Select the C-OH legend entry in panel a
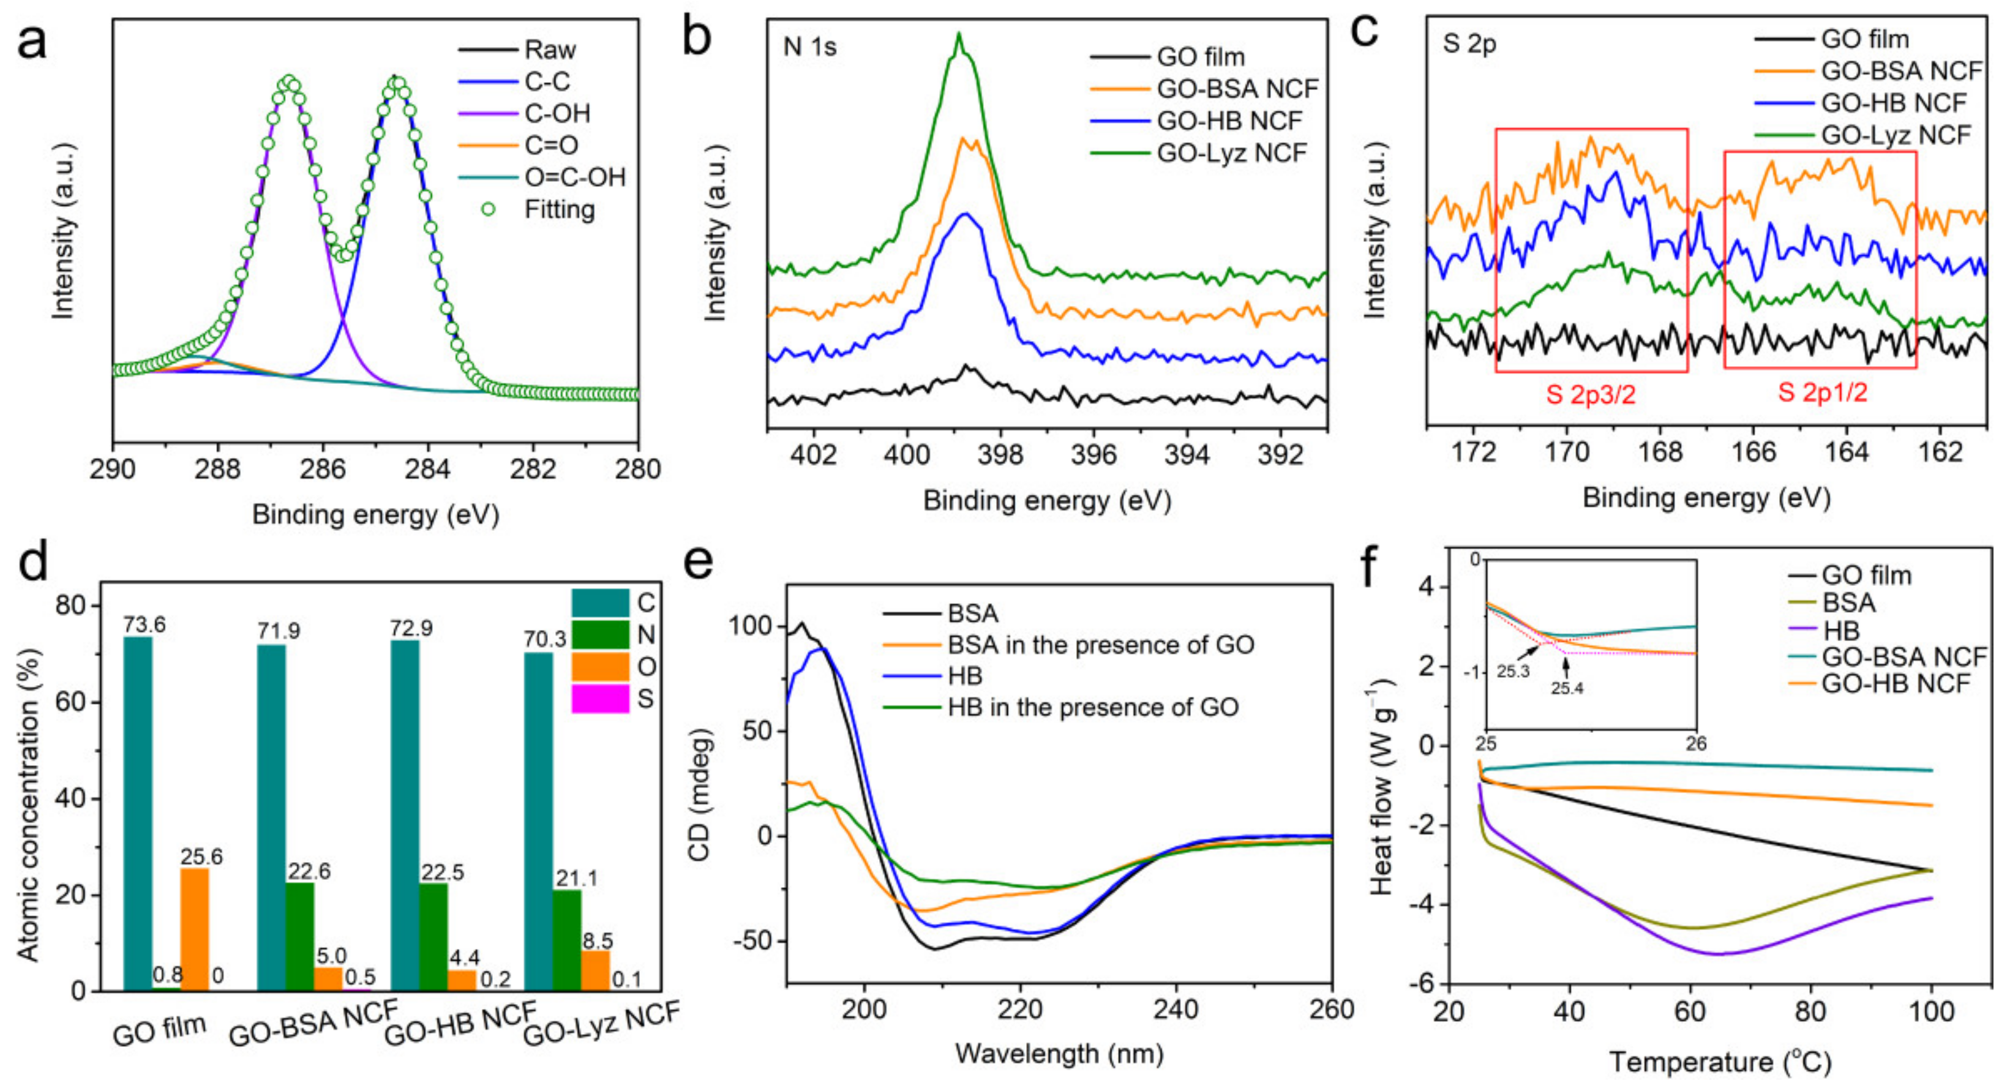tap(557, 114)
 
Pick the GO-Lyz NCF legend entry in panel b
tap(1231, 154)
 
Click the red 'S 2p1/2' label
tap(1822, 392)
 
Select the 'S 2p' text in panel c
tap(1469, 44)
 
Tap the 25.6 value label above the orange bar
tap(202, 856)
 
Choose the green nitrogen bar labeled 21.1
tap(568, 940)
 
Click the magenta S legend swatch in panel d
tap(600, 699)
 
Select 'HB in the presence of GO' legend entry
tap(1093, 708)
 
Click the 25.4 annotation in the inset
tap(1567, 688)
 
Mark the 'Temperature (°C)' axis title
tap(1720, 1062)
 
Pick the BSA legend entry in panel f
tap(1848, 603)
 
